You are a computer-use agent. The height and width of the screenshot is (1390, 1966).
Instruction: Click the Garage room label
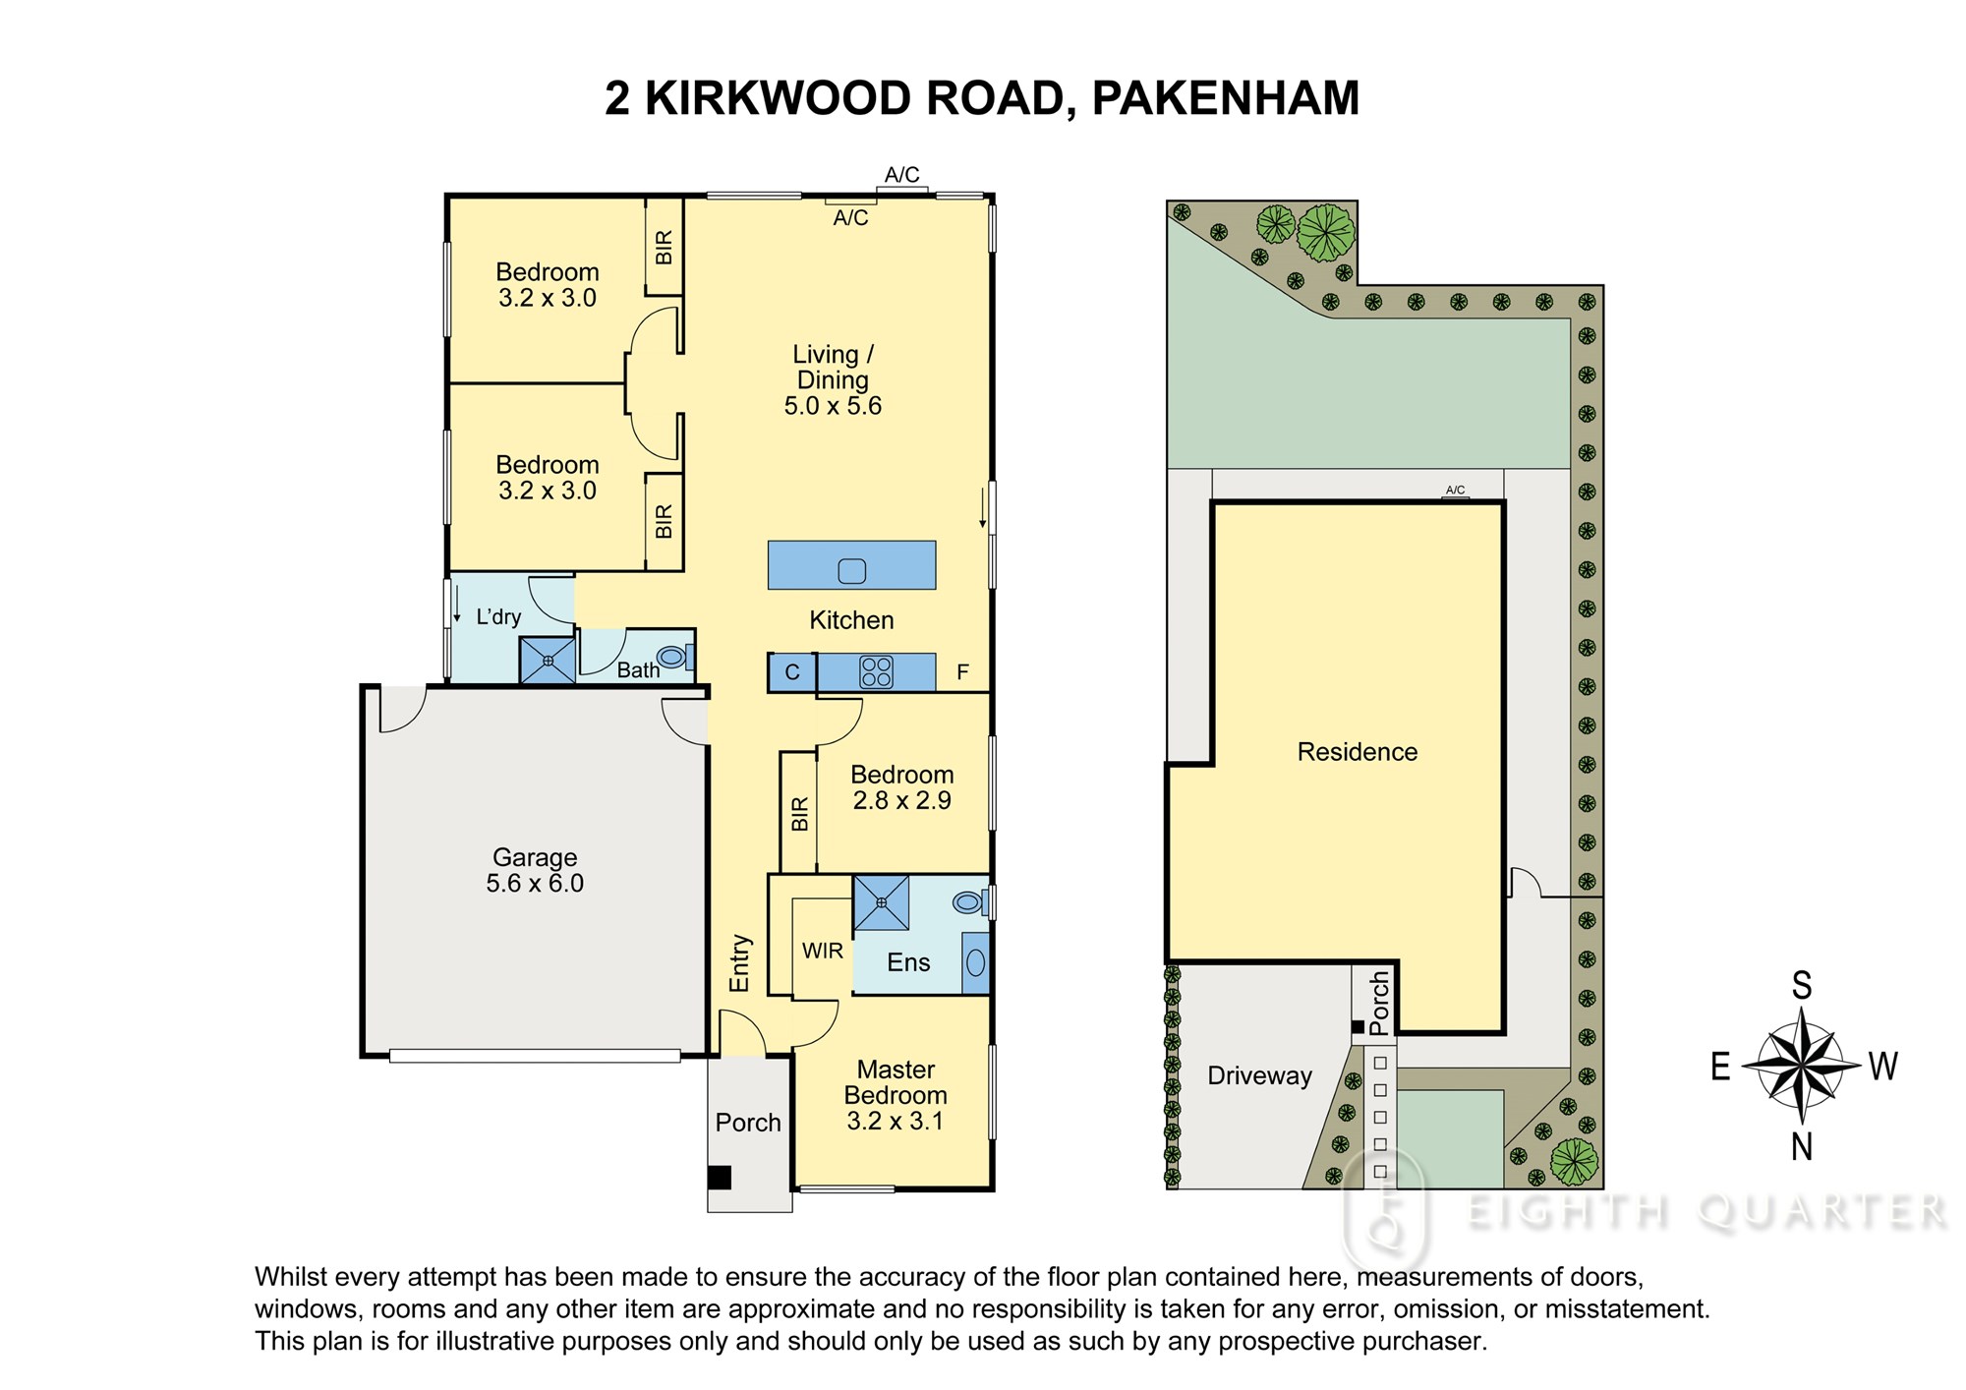535,857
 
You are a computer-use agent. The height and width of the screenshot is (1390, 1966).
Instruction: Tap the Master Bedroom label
896,1082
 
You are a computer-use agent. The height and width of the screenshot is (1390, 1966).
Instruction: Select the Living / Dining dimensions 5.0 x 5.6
833,406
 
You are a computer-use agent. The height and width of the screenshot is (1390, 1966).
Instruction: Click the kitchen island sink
851,570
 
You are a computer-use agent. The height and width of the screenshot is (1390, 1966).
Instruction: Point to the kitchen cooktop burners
876,672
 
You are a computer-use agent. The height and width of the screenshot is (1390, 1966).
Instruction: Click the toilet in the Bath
673,656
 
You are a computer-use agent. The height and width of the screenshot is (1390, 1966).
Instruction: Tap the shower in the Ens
881,902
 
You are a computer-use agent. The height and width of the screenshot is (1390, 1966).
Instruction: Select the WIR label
823,951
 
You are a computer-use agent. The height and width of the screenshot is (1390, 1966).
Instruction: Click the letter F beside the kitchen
963,672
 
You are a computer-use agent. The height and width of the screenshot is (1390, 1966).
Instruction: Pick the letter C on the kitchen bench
792,673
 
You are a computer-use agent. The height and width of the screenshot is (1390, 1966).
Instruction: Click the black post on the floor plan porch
721,1177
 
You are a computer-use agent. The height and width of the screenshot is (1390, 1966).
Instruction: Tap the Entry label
739,963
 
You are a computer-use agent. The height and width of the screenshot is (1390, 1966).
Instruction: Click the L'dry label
498,617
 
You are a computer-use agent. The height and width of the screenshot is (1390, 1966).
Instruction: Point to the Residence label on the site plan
1358,752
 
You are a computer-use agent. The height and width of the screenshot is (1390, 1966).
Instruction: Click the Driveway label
1259,1076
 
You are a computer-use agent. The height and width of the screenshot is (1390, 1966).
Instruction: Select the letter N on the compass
1801,1146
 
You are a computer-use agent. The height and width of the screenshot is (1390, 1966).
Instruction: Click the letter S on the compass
1802,985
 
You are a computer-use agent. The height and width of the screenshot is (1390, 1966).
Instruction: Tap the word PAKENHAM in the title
1226,98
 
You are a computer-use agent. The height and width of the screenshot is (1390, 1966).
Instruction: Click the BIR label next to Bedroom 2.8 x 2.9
799,814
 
